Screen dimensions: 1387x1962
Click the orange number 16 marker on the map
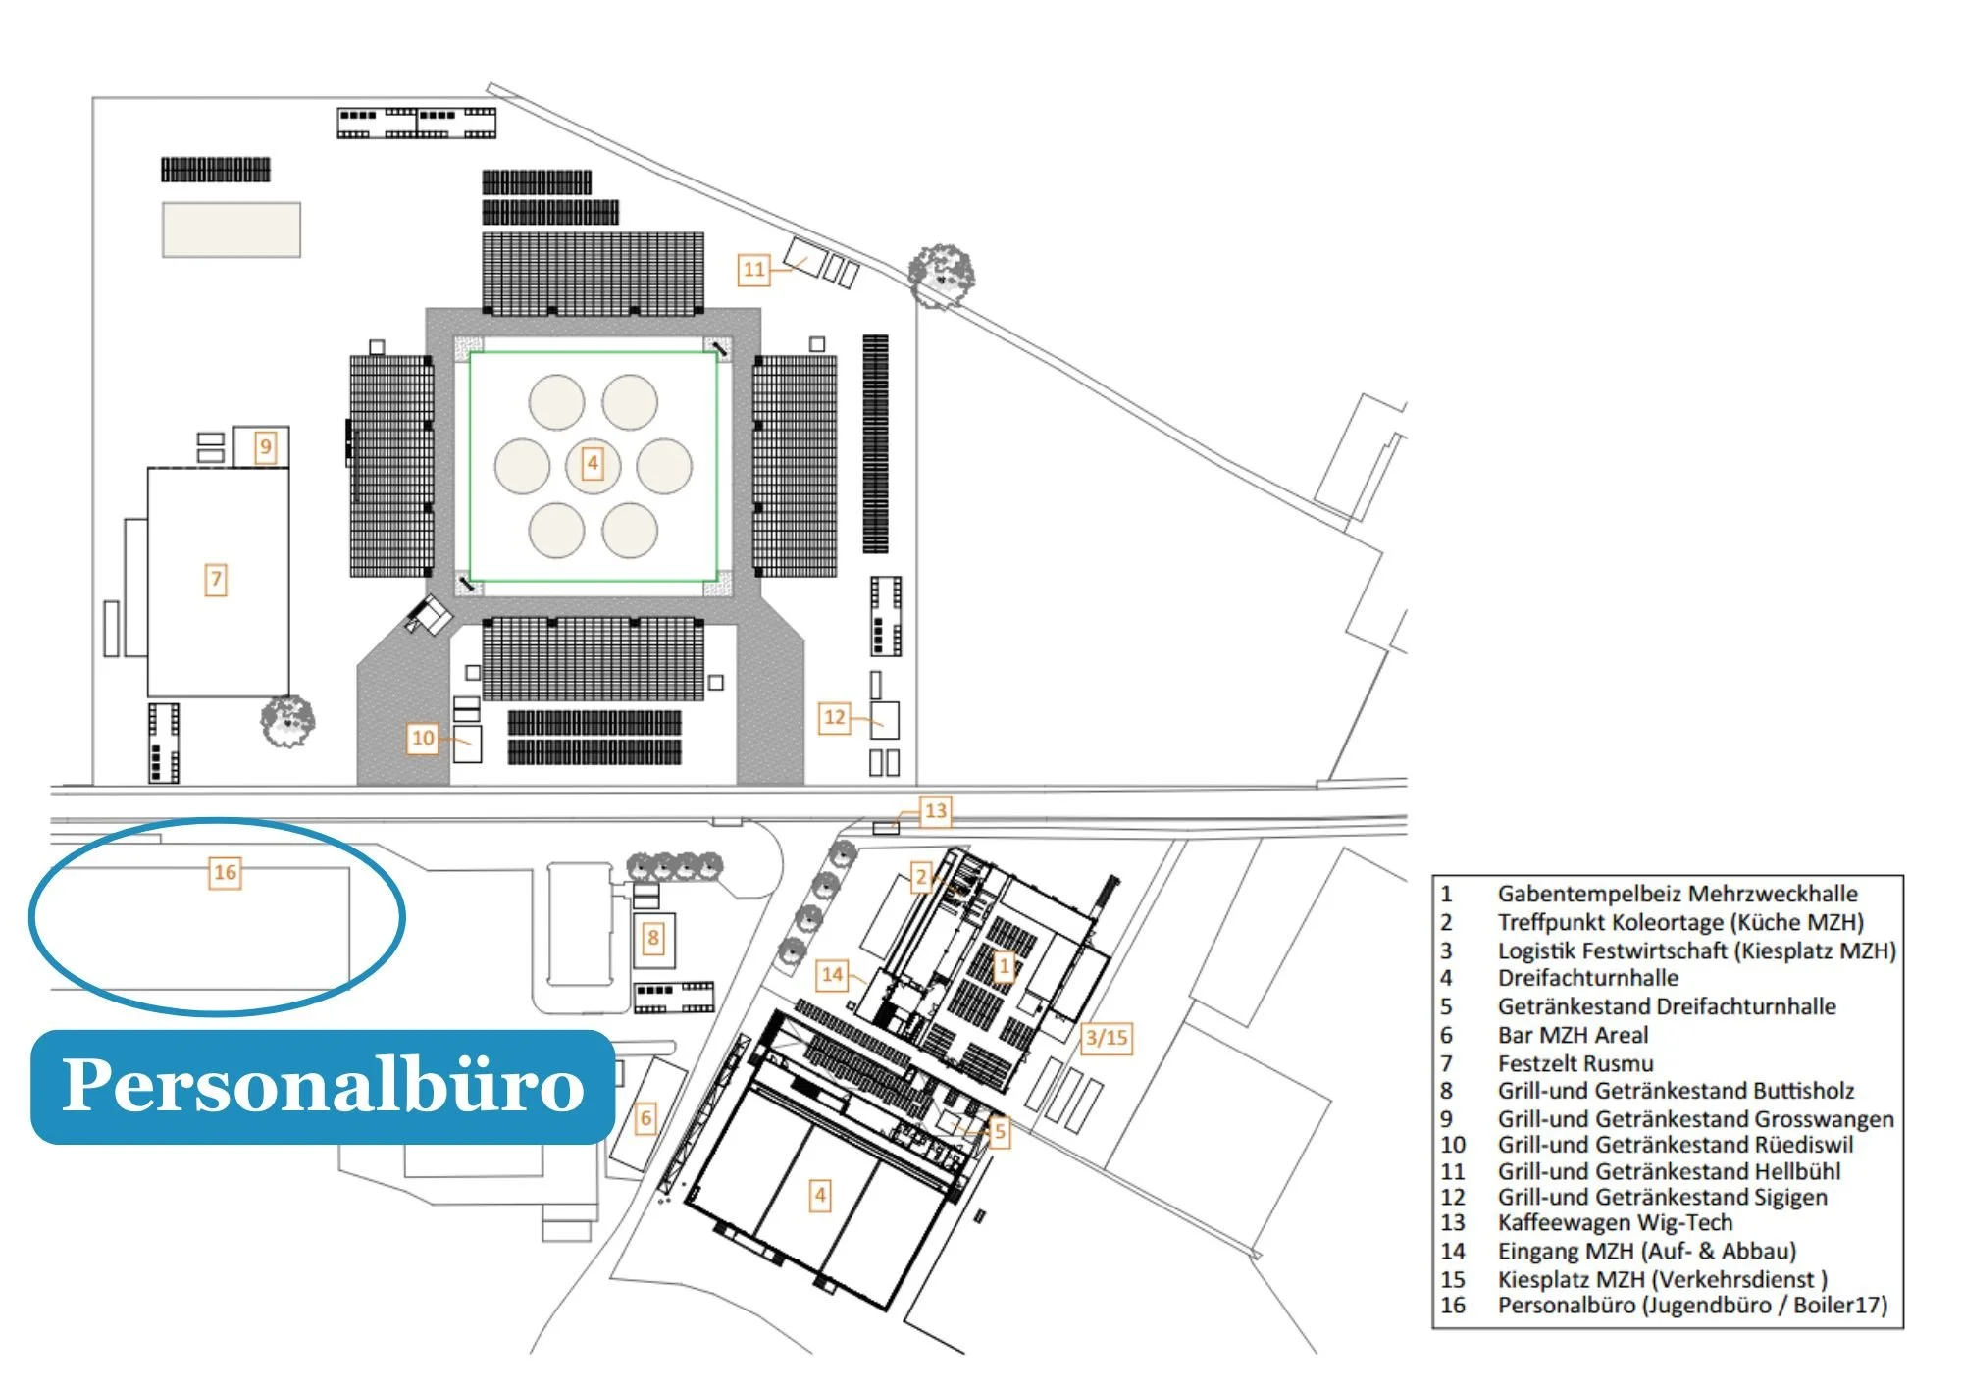point(226,872)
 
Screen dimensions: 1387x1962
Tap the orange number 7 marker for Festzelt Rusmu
point(216,580)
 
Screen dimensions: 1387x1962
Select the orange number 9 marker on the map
point(265,447)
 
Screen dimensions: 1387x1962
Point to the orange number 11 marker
point(753,269)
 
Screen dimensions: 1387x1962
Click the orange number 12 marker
point(835,717)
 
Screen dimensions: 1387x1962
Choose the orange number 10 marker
point(423,738)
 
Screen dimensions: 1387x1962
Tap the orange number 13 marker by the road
point(935,811)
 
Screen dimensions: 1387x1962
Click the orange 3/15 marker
point(1107,1038)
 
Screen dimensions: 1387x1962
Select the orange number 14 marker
point(832,975)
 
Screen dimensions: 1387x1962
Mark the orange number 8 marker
point(653,938)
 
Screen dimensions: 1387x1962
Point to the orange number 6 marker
point(645,1118)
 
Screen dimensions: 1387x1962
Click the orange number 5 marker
point(999,1132)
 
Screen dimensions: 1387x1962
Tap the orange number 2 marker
point(920,877)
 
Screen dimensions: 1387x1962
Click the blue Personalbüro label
point(323,1086)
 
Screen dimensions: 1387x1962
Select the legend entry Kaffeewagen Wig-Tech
point(1614,1223)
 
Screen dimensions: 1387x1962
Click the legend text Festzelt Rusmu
point(1575,1063)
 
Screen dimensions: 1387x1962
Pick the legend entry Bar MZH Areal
point(1573,1035)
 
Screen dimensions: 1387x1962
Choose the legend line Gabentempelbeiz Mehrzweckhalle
point(1677,894)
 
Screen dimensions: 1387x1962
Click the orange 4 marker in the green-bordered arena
point(592,463)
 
